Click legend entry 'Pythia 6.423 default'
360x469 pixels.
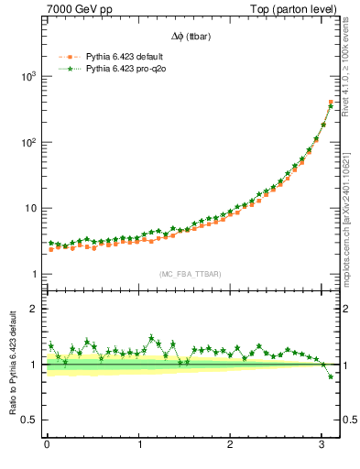(125, 57)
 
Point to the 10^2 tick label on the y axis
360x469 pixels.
(27, 143)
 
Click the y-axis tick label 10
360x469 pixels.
(29, 209)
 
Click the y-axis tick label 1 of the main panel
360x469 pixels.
(33, 275)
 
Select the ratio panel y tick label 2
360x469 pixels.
(33, 309)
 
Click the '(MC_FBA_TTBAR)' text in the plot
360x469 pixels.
(188, 273)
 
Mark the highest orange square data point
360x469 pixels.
(331, 103)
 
